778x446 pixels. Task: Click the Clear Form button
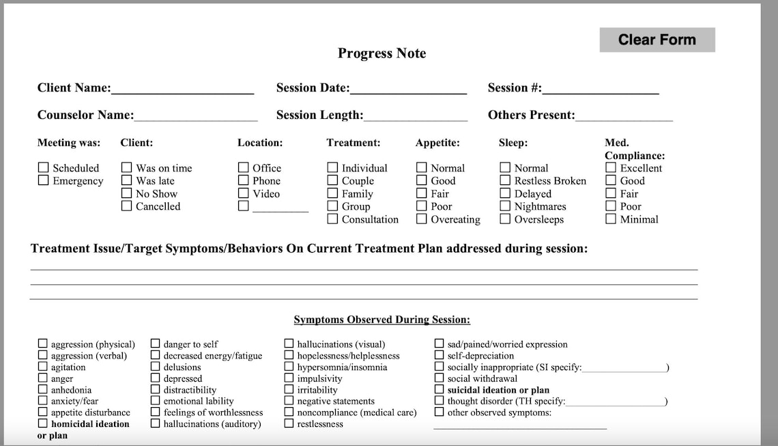[x=657, y=40]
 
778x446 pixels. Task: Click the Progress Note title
[x=381, y=53]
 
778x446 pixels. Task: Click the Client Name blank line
[x=182, y=89]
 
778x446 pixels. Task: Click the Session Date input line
[x=408, y=89]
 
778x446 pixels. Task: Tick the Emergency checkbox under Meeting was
[x=44, y=180]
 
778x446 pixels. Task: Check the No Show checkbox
[x=126, y=193]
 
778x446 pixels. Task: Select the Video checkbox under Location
[x=244, y=193]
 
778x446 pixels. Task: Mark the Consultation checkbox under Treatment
[x=332, y=219]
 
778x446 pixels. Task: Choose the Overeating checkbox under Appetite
[x=422, y=219]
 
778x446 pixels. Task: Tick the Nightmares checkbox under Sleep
[x=505, y=206]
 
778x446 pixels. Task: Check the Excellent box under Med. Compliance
[x=611, y=167]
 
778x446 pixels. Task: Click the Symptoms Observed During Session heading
[x=381, y=320]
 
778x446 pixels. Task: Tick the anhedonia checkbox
[x=43, y=390]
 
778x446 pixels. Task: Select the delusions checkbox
[x=156, y=367]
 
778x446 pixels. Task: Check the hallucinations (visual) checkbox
[x=289, y=344]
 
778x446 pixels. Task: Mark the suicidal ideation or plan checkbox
[x=440, y=390]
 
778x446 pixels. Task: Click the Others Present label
[x=531, y=115]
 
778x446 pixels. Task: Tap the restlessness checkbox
[x=289, y=423]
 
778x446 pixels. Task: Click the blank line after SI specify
[x=624, y=368]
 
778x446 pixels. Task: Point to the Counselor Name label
[x=85, y=115]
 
